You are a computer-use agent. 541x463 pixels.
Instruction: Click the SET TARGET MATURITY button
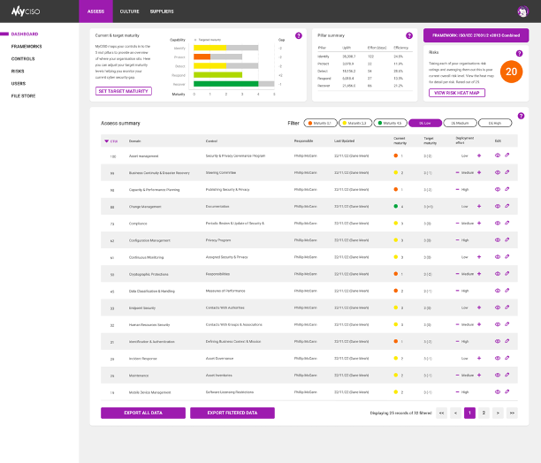pos(122,91)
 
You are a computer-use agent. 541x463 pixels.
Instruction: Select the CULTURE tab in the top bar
pos(129,11)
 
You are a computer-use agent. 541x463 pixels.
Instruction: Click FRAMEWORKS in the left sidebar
pos(27,46)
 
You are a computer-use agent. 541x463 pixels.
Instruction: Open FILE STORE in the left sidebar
pos(24,95)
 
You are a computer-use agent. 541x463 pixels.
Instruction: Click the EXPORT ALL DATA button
pos(142,413)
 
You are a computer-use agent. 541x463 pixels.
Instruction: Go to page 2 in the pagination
pos(484,413)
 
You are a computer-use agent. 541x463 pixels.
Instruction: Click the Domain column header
pos(135,140)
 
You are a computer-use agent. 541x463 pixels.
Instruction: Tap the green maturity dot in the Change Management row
pos(396,206)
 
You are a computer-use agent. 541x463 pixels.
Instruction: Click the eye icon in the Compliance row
pos(497,223)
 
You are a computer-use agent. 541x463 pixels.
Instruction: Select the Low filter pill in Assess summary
pos(425,123)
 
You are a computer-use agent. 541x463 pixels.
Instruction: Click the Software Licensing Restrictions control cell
pos(229,391)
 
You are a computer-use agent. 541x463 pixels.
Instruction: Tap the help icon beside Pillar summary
pos(408,36)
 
